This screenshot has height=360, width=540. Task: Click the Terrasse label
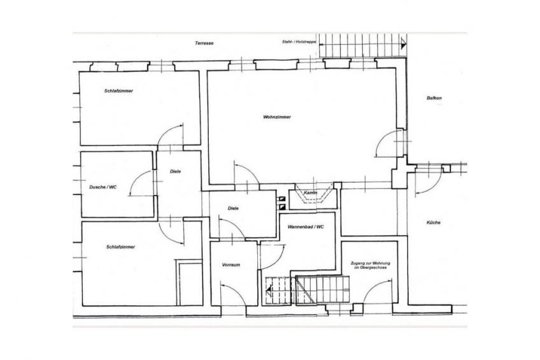[204, 43]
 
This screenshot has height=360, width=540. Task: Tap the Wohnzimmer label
[277, 117]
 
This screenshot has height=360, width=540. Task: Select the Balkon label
[434, 98]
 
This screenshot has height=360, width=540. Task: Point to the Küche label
[433, 222]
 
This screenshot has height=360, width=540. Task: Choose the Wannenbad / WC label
[306, 227]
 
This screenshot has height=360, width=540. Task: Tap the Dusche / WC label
[103, 187]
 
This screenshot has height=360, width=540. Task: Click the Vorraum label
[231, 265]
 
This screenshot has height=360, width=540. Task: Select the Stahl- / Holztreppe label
[299, 41]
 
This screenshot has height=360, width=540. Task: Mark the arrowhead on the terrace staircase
[404, 44]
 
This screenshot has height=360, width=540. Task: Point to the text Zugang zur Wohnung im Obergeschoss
[370, 265]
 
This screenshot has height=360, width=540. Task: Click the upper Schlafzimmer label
[119, 91]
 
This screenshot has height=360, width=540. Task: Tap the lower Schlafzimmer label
[120, 247]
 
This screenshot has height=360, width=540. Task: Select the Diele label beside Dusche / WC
[175, 171]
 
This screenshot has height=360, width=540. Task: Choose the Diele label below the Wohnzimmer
[233, 208]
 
